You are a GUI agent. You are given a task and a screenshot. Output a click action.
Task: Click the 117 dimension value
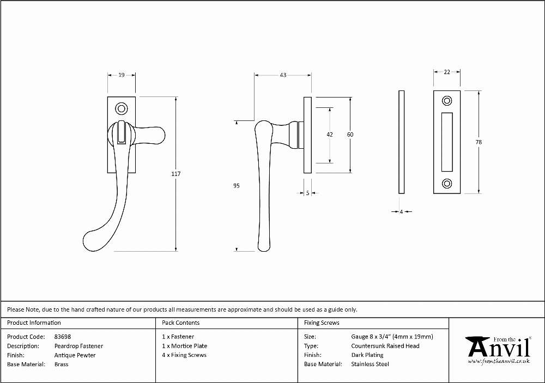click(176, 174)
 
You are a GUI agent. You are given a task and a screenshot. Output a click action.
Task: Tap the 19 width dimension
click(122, 75)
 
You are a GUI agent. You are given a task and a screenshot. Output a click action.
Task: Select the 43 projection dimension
click(283, 75)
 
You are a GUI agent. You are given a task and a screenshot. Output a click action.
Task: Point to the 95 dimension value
click(237, 186)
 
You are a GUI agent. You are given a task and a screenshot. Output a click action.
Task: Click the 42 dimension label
click(330, 135)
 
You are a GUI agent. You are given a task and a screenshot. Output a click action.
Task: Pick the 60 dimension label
click(350, 135)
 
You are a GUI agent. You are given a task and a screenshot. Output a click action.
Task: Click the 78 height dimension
click(479, 142)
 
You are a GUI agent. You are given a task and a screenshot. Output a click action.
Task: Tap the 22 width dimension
click(447, 72)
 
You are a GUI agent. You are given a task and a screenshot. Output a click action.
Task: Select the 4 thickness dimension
click(401, 211)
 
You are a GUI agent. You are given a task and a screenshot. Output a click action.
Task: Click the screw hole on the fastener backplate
click(122, 108)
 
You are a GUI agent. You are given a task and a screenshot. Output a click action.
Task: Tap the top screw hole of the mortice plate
click(447, 101)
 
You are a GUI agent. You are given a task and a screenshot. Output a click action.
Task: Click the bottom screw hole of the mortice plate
click(447, 183)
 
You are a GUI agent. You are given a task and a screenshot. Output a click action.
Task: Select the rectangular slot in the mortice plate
click(447, 142)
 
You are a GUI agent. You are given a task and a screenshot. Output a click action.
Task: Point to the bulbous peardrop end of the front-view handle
click(94, 240)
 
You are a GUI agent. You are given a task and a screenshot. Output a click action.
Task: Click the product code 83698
click(63, 337)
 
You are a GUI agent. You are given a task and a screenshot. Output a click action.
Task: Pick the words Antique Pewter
click(75, 355)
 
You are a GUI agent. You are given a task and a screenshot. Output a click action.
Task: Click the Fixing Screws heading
click(322, 323)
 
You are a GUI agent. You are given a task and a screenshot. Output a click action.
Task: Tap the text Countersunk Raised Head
click(385, 346)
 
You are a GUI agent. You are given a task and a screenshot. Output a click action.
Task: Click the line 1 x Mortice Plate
click(185, 346)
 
